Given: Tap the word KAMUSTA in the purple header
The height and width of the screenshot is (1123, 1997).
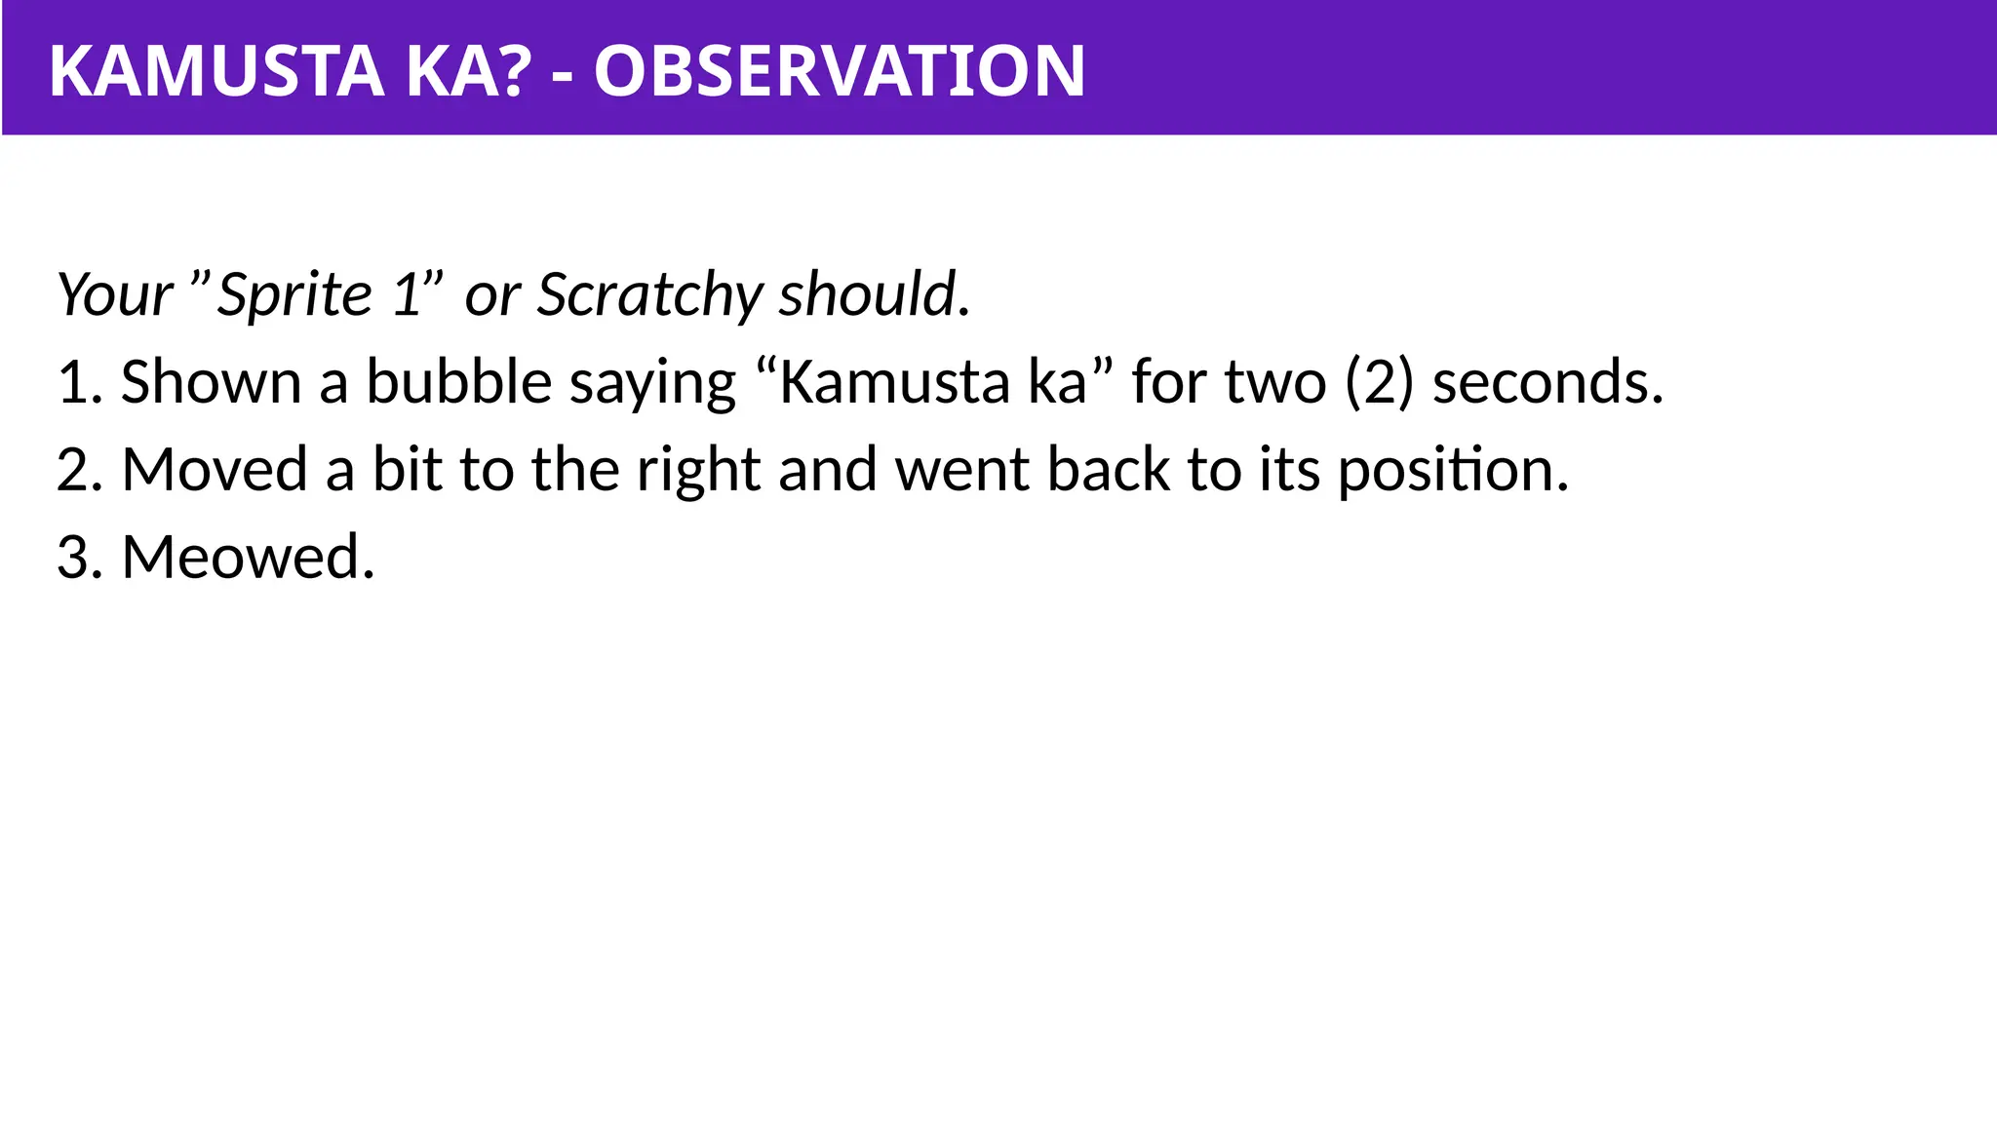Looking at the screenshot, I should (215, 71).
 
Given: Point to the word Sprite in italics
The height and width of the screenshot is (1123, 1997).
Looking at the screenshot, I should (294, 294).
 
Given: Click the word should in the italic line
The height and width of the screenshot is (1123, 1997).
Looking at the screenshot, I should (867, 294).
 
